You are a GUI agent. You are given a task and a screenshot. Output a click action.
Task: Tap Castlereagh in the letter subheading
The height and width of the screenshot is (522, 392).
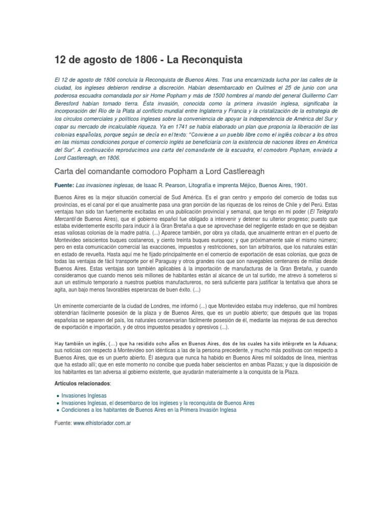247,171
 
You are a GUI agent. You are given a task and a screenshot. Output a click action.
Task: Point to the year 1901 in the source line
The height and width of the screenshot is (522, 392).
300,186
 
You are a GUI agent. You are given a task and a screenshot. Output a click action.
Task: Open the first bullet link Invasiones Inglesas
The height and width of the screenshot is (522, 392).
84,396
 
